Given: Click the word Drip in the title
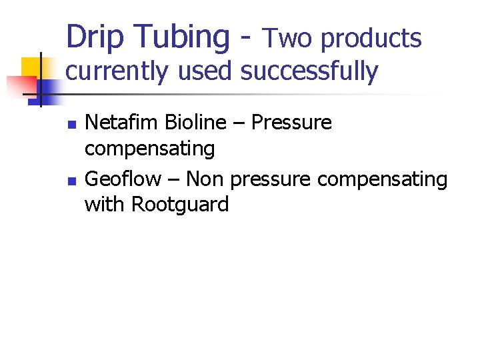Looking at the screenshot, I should click(x=95, y=37).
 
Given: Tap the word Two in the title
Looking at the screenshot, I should click(x=288, y=39).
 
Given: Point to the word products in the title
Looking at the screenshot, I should click(x=371, y=39).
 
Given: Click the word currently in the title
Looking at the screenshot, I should click(x=116, y=71).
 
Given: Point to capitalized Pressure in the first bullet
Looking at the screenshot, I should click(x=291, y=123).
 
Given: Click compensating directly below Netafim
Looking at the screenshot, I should click(x=149, y=149).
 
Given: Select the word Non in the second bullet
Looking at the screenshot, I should click(x=205, y=179).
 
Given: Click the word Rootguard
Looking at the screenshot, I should click(x=180, y=204).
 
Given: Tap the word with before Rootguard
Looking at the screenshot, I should click(x=105, y=204).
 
